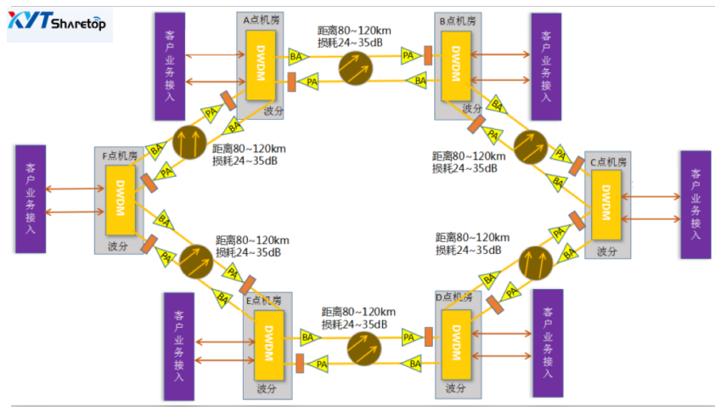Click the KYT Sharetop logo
tap(58, 24)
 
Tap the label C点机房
tap(608, 161)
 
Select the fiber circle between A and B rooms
tap(357, 67)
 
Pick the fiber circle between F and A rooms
tap(188, 141)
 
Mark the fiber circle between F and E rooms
tap(194, 263)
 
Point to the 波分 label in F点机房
tap(117, 246)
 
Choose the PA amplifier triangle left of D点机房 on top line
tap(408, 337)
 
